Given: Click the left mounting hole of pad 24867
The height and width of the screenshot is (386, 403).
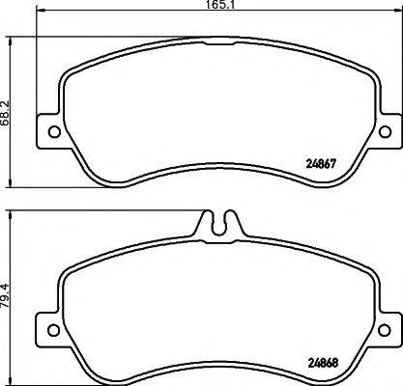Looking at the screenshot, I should (x=54, y=131).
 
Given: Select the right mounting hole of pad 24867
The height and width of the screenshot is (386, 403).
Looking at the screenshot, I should (x=384, y=131).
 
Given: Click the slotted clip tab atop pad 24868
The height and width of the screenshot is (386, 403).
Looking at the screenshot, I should (x=219, y=224).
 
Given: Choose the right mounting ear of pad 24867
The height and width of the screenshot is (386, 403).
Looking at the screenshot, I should (x=387, y=131).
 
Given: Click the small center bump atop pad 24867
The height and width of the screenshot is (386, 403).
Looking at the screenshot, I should (x=219, y=41).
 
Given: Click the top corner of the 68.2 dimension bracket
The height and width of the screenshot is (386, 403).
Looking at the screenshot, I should (x=11, y=39).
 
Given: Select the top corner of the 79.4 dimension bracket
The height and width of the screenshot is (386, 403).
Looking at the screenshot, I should (x=11, y=210).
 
